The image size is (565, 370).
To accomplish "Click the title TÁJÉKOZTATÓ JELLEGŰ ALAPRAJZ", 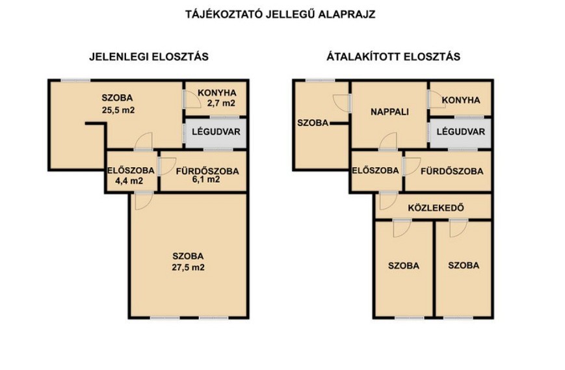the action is [x=280, y=14].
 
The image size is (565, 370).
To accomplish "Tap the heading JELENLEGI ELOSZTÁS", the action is [x=149, y=57].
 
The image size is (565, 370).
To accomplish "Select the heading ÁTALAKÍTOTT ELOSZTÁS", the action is [x=393, y=57].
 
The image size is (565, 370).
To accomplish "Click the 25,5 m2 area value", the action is [x=118, y=111].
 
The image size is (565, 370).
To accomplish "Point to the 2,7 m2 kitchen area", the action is [x=221, y=103].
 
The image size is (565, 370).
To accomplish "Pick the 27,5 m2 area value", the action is [x=188, y=268].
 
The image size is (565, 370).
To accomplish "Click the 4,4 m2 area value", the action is [x=129, y=181].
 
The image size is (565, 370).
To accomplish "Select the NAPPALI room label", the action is [x=389, y=112].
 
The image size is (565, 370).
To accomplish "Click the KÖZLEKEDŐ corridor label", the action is [x=436, y=208].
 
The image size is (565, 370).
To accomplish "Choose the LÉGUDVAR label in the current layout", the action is [x=216, y=131].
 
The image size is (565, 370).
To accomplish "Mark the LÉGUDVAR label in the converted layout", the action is [x=461, y=131].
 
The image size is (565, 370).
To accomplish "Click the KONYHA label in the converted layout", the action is [x=461, y=100].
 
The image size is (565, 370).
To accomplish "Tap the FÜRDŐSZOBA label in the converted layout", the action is [x=452, y=171].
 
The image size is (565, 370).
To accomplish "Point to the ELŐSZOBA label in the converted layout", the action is [x=375, y=170].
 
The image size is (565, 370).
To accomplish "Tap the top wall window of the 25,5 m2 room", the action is [x=75, y=81].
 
